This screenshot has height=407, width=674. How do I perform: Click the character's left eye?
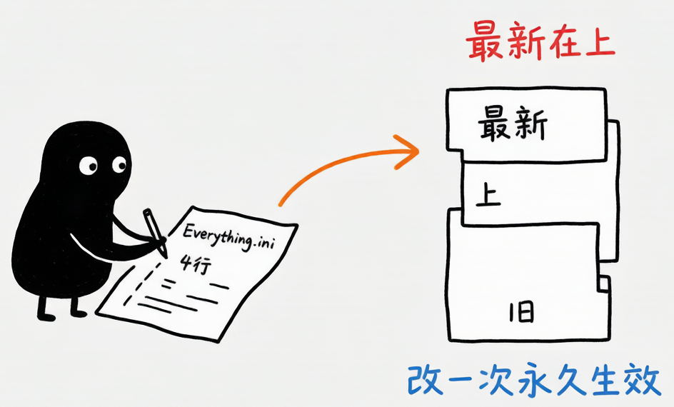pos(88,166)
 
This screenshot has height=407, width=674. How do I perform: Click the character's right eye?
pos(119,165)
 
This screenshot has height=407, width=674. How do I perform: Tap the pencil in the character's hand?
pos(155,233)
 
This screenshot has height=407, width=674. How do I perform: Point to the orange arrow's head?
pos(407,151)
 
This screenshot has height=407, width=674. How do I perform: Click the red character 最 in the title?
pos(484,41)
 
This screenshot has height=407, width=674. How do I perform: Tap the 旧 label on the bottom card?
pos(521,313)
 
